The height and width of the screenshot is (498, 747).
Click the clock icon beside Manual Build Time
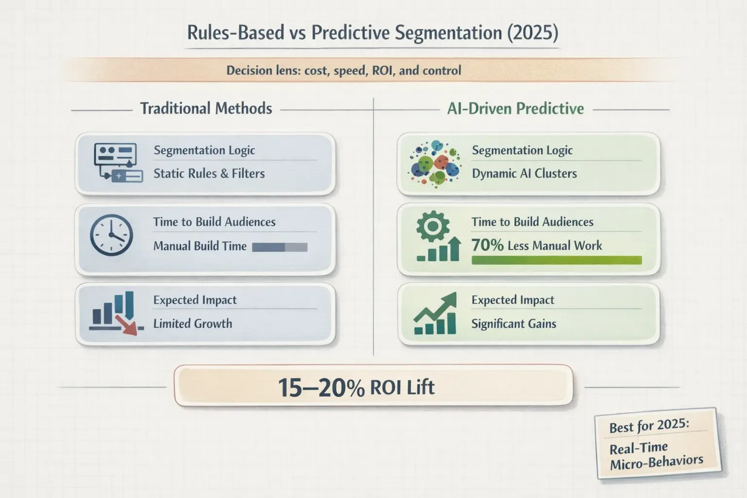click(111, 235)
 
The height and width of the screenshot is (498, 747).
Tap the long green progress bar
click(556, 260)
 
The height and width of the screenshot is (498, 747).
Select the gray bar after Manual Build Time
click(280, 247)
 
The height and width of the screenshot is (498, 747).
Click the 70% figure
click(487, 245)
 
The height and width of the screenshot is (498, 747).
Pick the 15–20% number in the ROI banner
click(321, 388)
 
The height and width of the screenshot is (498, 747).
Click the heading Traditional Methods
click(206, 108)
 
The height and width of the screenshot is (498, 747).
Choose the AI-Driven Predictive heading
click(516, 108)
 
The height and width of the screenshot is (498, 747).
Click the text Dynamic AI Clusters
click(524, 174)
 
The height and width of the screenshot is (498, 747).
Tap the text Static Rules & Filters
click(209, 174)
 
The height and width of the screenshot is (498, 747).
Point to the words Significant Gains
click(514, 323)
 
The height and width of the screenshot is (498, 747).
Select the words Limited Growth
click(193, 323)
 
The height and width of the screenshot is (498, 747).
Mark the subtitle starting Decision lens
click(343, 71)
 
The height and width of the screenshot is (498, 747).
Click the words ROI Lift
click(402, 388)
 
